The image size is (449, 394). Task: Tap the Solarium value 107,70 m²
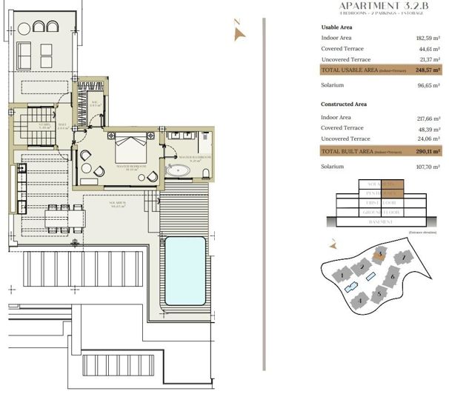427,167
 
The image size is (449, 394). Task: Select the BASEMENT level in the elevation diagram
380,221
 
